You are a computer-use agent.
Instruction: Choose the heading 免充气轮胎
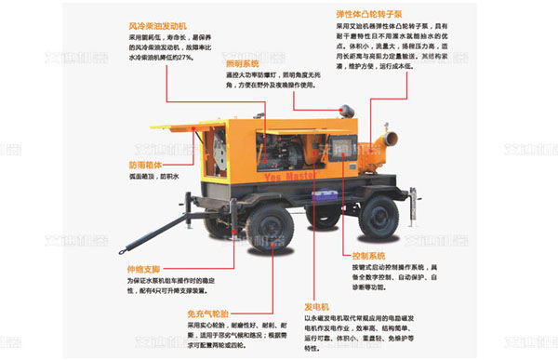click(208, 313)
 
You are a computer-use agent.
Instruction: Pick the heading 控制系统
click(369, 255)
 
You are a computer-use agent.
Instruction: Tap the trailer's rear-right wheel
click(380, 216)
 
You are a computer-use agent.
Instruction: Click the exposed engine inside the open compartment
click(291, 153)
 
